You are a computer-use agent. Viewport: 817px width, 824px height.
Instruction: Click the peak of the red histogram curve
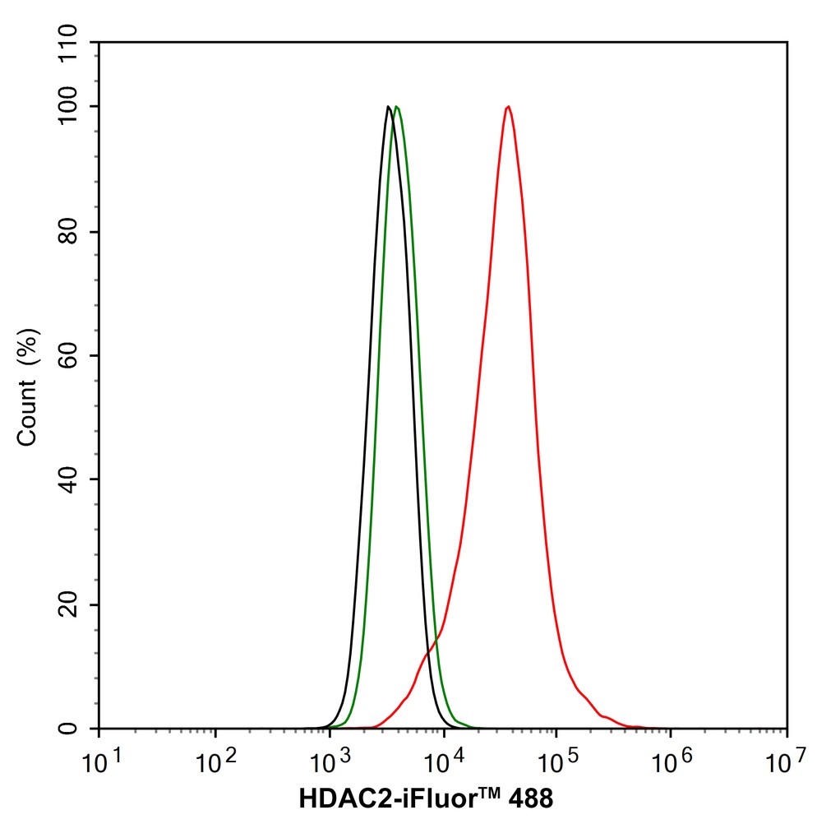509,107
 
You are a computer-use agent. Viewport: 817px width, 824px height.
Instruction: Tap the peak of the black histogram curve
387,107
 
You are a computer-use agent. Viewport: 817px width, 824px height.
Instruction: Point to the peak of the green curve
397,107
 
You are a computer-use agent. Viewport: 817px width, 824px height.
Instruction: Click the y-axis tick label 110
73,42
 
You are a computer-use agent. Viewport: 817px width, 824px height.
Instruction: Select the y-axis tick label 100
73,107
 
